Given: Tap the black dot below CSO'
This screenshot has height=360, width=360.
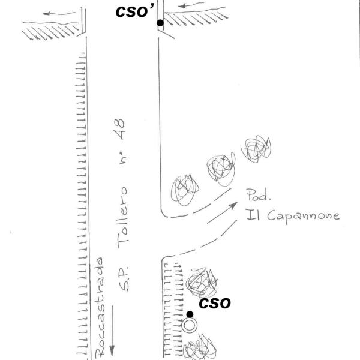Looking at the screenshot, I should [160, 23].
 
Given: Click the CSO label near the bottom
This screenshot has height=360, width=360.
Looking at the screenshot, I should [214, 303].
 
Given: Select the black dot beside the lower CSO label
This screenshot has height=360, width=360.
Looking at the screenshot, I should [190, 314].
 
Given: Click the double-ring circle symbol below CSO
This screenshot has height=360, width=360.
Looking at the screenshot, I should [190, 326].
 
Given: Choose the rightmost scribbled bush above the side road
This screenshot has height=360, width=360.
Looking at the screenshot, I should [257, 148].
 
